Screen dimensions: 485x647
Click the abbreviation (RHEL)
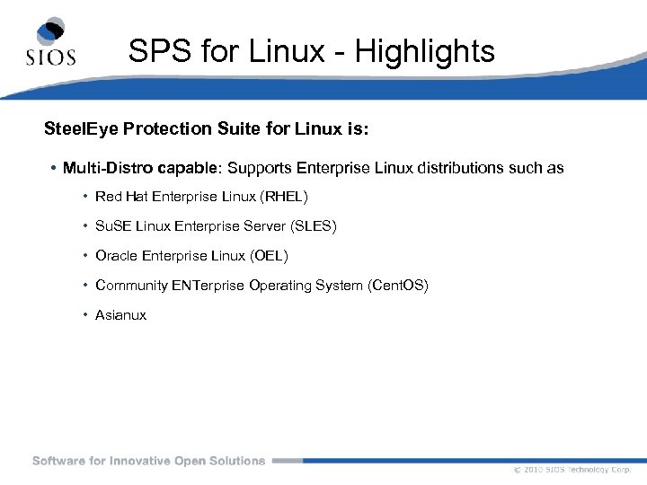pyautogui.click(x=284, y=197)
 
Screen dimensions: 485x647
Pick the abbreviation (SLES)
pyautogui.click(x=314, y=226)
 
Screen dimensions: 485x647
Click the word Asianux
pyautogui.click(x=120, y=315)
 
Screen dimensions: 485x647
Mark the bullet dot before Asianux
pyautogui.click(x=84, y=315)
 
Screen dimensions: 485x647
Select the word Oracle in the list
pyautogui.click(x=116, y=256)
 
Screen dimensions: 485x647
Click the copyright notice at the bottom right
pyautogui.click(x=572, y=470)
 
